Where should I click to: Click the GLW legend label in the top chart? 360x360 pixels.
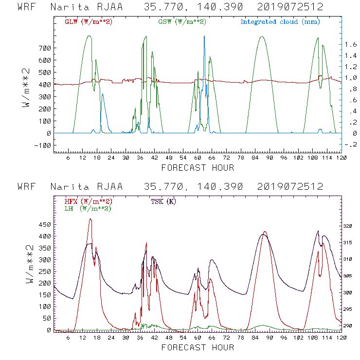click(x=89, y=22)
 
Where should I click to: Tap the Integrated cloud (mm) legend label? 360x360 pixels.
click(x=280, y=22)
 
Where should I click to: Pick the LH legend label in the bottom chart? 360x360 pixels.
click(x=88, y=208)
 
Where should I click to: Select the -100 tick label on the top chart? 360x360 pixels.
click(x=42, y=145)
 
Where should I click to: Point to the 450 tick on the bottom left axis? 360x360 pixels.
click(x=44, y=225)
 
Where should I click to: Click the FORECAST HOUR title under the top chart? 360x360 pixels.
click(x=198, y=168)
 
